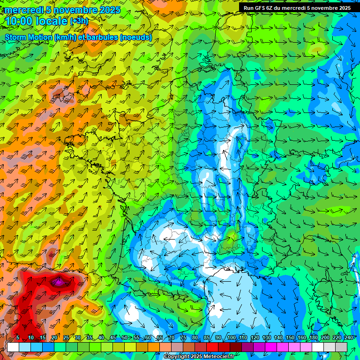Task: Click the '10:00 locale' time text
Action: tap(36, 21)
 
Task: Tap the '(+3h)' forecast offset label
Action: tap(79, 21)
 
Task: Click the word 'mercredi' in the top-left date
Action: tap(24, 10)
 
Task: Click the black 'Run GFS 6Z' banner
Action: tap(297, 8)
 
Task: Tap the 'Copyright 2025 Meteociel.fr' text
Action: tap(199, 357)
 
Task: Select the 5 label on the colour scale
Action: tap(17, 338)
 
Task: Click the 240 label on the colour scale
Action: tap(349, 338)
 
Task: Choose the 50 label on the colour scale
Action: tap(125, 338)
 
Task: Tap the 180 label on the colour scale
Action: tap(314, 338)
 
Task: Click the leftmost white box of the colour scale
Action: tap(13, 347)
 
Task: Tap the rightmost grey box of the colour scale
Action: tap(341, 347)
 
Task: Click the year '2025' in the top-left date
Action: tap(109, 10)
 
